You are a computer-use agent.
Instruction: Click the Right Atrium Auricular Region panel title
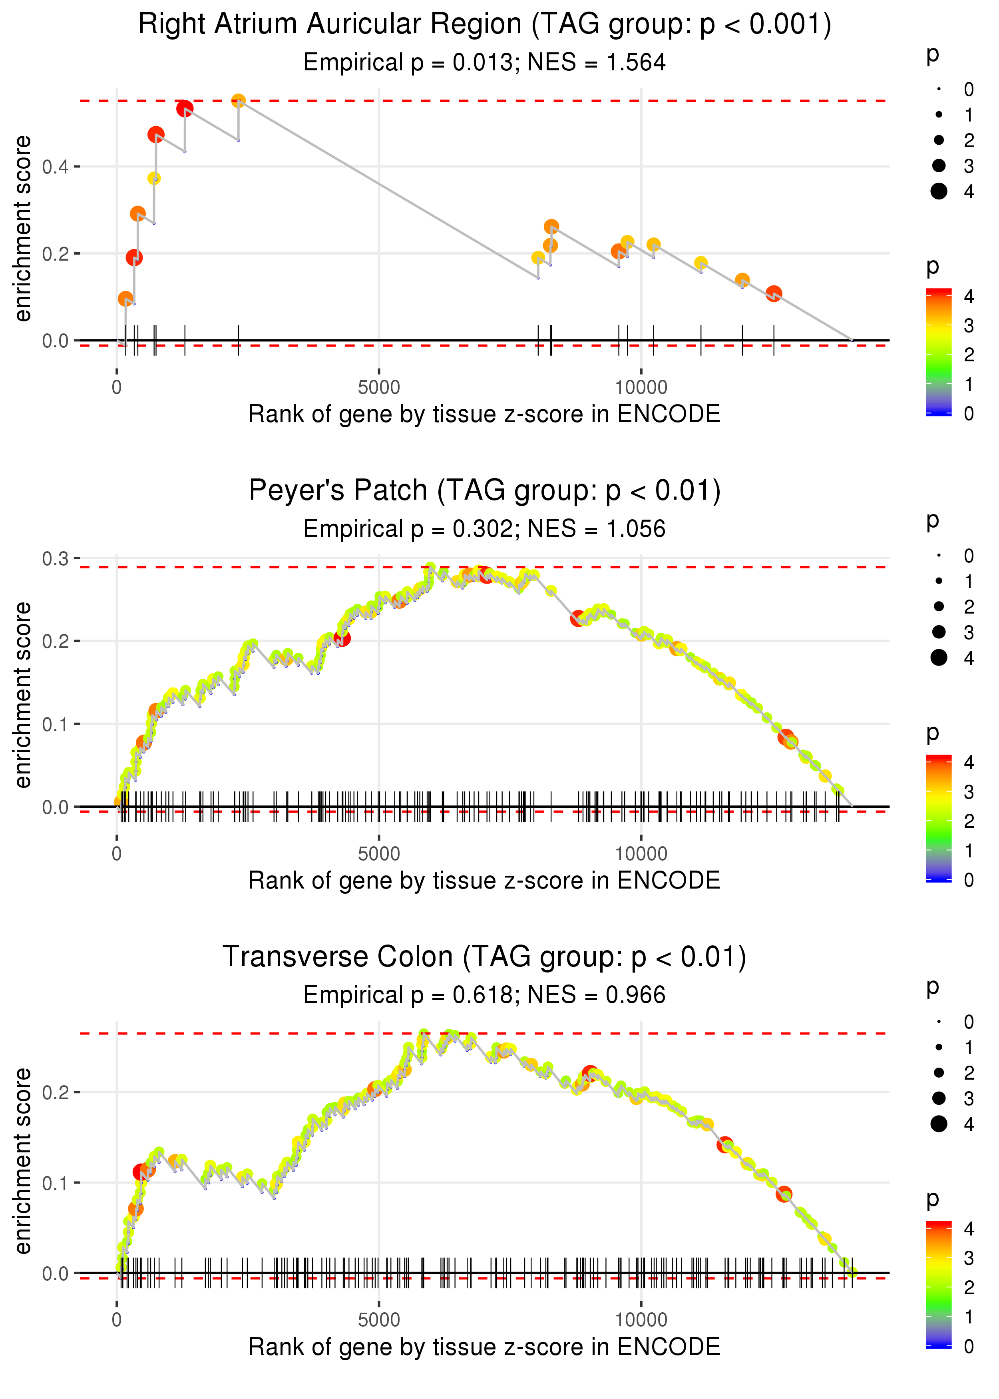484,25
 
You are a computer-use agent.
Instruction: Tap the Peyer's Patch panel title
484,490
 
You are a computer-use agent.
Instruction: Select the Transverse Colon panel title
484,957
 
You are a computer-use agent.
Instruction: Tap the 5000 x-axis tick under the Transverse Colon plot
379,1319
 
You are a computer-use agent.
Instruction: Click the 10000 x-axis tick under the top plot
641,388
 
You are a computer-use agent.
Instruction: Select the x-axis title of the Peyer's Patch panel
484,881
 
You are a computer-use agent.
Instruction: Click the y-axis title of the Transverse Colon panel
23,1160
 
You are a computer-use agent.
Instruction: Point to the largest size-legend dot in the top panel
939,191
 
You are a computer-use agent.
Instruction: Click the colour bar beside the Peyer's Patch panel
939,818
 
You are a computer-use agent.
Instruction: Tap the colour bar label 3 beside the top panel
969,325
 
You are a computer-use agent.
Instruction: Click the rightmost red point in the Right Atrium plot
774,293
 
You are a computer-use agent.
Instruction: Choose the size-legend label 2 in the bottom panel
969,1072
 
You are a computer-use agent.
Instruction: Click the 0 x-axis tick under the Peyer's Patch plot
117,854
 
